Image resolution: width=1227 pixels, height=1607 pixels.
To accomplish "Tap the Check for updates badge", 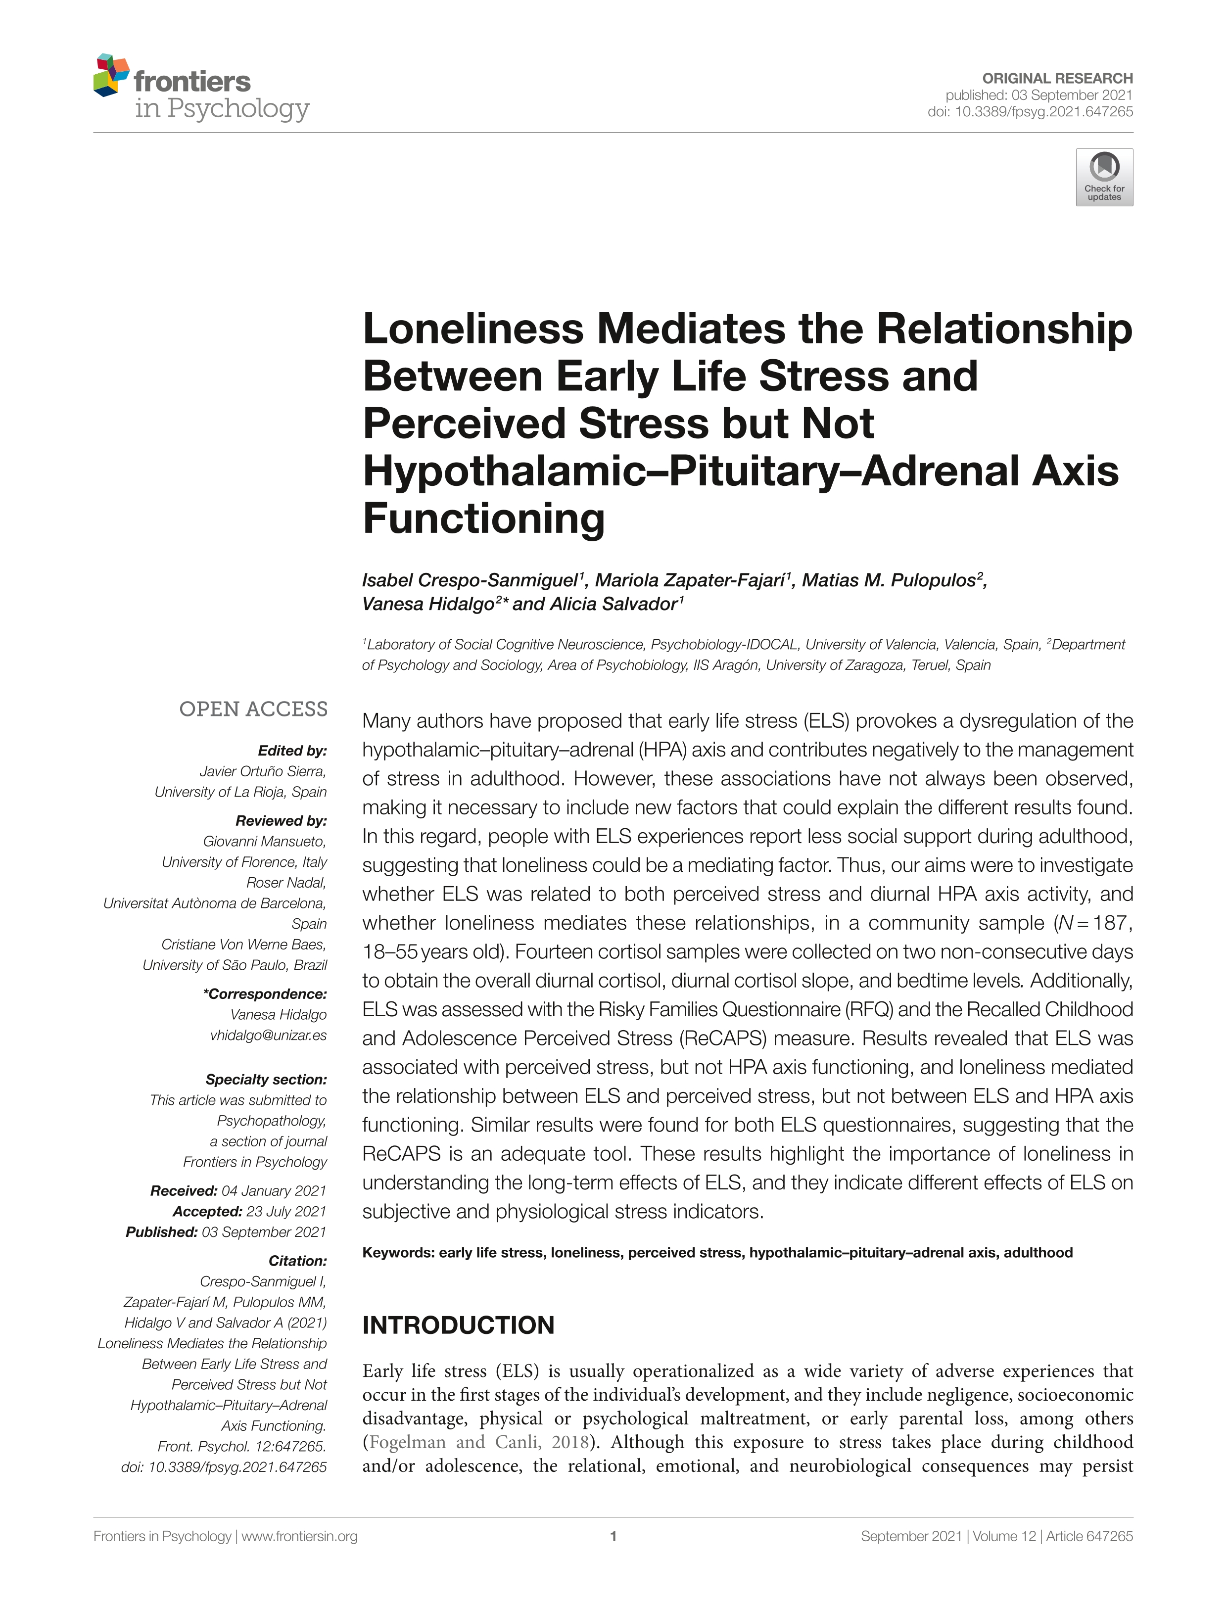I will click(x=1104, y=178).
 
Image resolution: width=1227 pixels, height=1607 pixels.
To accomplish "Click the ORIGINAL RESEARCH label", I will click(x=1057, y=78).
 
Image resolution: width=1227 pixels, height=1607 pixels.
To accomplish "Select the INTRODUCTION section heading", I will click(x=458, y=1325).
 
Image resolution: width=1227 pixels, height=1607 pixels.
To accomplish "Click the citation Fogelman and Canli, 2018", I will click(x=479, y=1442).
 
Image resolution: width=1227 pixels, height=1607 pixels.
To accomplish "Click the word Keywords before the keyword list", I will click(x=398, y=1253).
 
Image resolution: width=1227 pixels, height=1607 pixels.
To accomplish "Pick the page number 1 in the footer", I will click(x=613, y=1536).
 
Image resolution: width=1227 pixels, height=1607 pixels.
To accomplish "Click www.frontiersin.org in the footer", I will click(x=299, y=1536).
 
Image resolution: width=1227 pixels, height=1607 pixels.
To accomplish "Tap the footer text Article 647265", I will click(x=1089, y=1536).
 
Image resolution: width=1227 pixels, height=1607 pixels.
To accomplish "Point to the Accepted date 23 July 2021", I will click(x=285, y=1211).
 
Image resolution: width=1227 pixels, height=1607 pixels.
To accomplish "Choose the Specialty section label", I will click(x=266, y=1079).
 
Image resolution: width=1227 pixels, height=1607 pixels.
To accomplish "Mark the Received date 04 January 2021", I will click(x=274, y=1190).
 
